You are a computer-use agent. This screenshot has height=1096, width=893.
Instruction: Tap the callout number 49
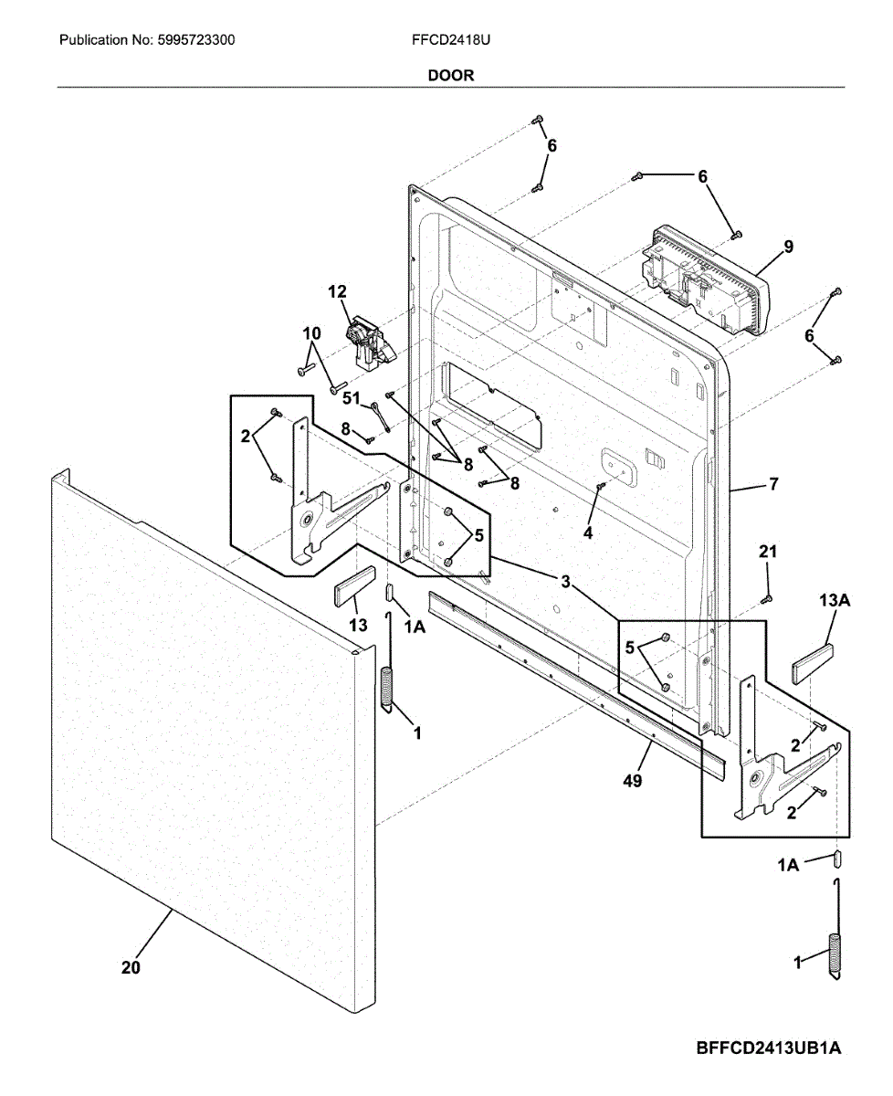pyautogui.click(x=632, y=781)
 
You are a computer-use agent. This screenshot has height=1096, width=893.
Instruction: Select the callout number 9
pyautogui.click(x=787, y=247)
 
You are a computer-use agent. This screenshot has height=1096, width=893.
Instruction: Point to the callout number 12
pyautogui.click(x=337, y=291)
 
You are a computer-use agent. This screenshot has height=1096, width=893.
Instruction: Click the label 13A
pyautogui.click(x=835, y=600)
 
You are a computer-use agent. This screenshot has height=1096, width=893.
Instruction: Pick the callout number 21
pyautogui.click(x=768, y=551)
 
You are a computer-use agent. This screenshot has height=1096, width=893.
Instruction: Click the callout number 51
pyautogui.click(x=352, y=398)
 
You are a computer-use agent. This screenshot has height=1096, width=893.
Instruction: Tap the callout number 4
pyautogui.click(x=588, y=532)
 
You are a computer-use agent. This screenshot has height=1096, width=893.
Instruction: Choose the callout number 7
pyautogui.click(x=773, y=484)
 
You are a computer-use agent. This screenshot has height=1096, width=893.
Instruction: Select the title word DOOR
pyautogui.click(x=451, y=76)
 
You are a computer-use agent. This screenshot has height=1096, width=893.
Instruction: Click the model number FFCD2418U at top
pyautogui.click(x=446, y=40)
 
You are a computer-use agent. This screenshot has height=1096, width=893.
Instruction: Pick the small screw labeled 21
pyautogui.click(x=768, y=599)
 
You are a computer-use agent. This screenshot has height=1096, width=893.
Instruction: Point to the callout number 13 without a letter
pyautogui.click(x=358, y=625)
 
